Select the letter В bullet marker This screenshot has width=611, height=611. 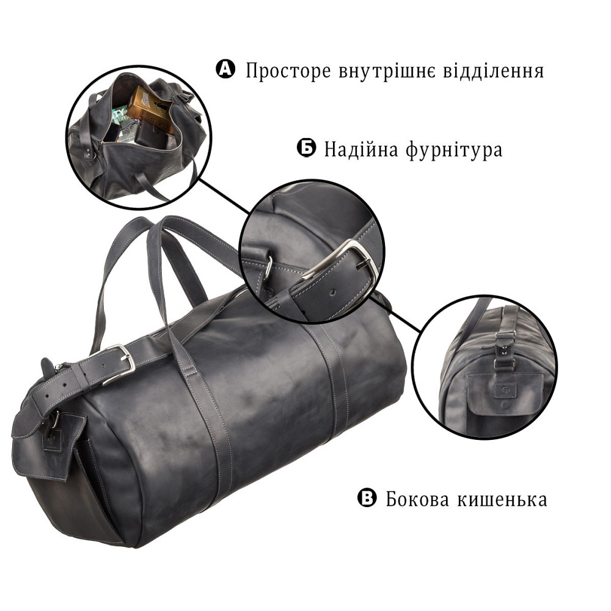[367, 499]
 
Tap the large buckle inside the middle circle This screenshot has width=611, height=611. [345, 263]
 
